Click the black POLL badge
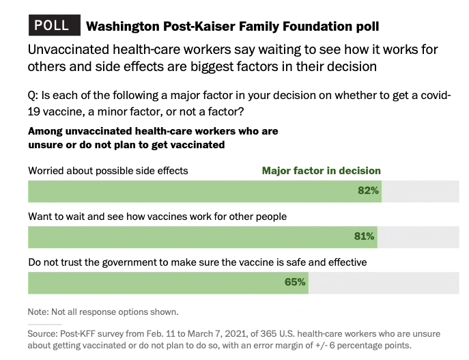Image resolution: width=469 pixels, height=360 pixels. coord(52,25)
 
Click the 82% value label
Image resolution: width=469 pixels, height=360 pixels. coord(368,191)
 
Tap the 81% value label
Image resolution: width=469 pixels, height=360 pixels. coord(364,236)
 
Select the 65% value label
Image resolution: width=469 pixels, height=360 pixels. coord(295,281)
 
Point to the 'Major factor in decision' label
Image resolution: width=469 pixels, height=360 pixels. coord(321,171)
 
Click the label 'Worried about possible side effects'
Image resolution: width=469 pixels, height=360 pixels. coord(108,171)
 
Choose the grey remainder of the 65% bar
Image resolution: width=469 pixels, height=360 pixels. coord(382,282)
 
